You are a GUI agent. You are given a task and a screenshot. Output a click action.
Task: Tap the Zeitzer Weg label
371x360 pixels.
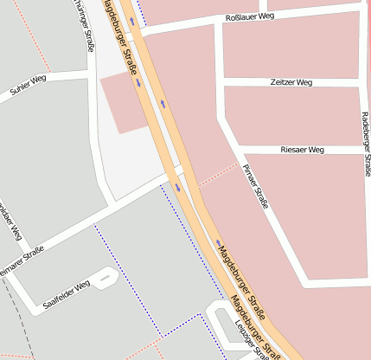(x=291, y=83)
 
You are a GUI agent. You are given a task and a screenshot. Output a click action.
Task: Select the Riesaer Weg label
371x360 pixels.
(x=302, y=150)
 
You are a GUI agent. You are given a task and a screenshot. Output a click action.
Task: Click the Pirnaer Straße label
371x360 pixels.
(x=257, y=186)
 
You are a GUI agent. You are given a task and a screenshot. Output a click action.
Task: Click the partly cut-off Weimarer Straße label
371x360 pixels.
(x=21, y=260)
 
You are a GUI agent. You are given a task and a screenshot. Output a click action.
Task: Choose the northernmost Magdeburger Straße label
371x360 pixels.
(x=122, y=43)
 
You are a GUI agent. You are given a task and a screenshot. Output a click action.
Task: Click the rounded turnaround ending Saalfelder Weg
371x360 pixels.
(x=106, y=279)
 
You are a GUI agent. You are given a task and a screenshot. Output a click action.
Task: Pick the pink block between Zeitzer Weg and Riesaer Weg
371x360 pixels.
(x=290, y=116)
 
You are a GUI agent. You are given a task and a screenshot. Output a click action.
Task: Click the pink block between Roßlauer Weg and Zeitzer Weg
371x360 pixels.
(x=290, y=49)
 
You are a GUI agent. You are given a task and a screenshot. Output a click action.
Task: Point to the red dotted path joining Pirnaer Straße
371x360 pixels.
(x=216, y=174)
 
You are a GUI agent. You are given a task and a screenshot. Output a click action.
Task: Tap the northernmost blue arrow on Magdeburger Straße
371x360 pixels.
(x=132, y=20)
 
